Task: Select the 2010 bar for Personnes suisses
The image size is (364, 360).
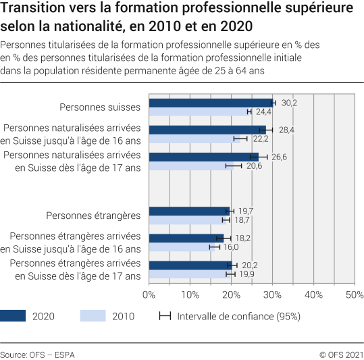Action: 199,111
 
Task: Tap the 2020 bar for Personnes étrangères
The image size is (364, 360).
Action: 189,211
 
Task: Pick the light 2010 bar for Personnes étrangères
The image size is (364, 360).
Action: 187,220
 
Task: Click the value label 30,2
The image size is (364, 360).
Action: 289,103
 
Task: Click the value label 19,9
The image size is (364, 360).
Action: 246,274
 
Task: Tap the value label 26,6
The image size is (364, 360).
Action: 280,157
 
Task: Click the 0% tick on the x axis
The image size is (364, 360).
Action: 149,295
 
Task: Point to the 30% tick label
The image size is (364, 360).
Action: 272,295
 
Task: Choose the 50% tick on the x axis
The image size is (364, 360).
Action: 354,295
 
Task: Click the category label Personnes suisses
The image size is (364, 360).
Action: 99,107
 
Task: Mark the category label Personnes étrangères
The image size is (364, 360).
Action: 93,215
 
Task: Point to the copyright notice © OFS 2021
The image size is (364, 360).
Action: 341,354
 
